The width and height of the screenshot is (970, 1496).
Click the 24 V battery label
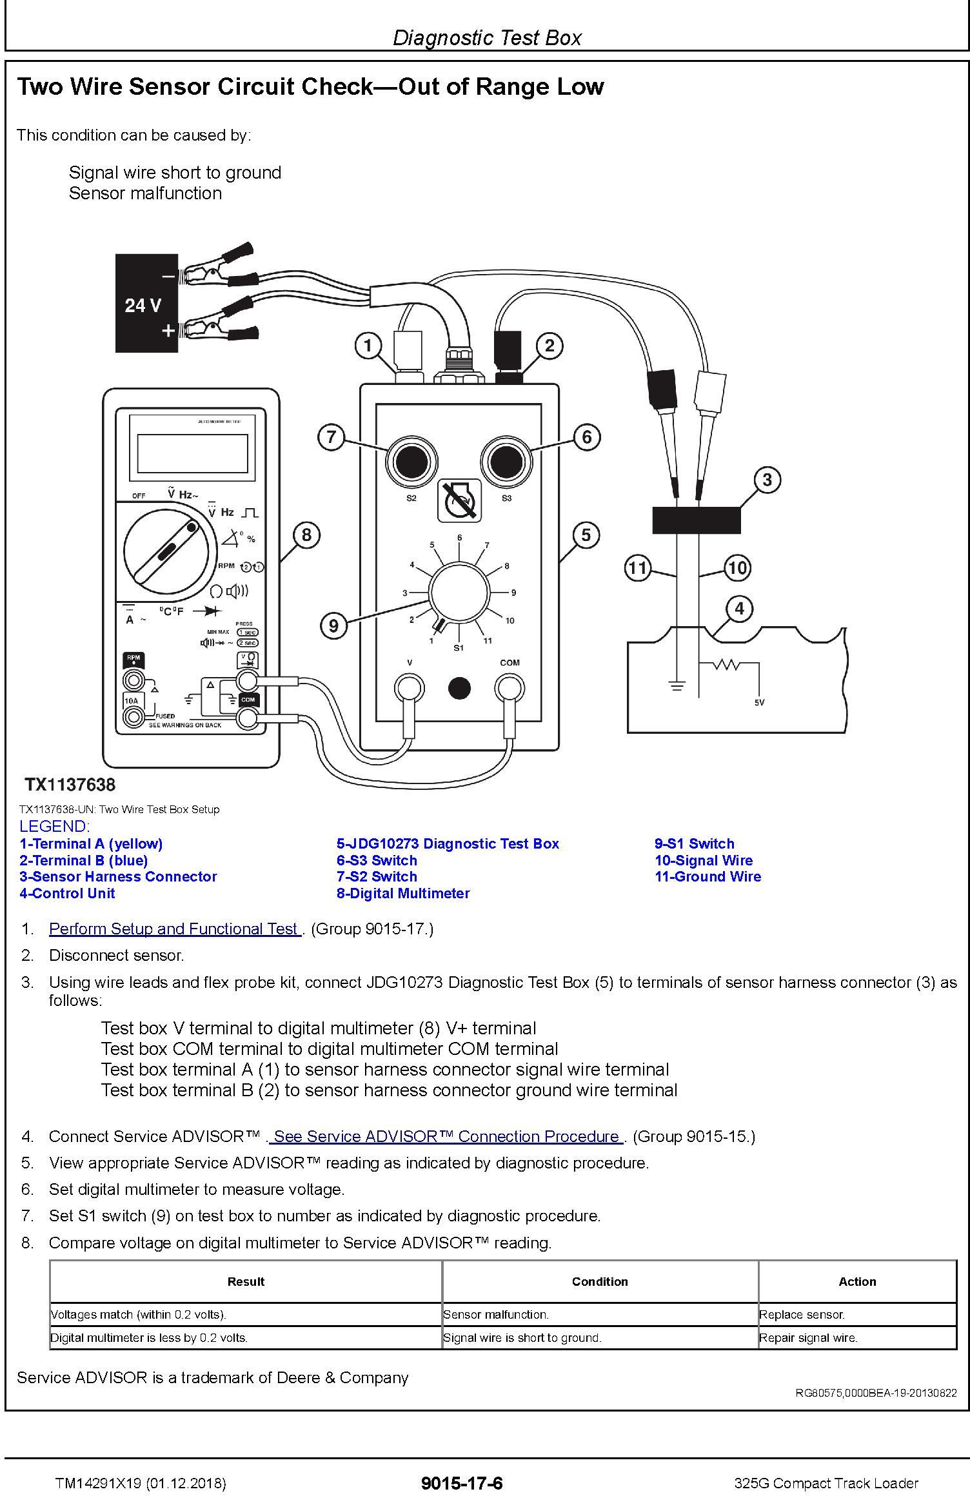point(143,305)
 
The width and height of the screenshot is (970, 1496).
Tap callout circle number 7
point(331,437)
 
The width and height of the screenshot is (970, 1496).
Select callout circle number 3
point(767,480)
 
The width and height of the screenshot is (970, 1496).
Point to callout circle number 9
point(333,625)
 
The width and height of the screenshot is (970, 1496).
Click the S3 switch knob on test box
point(506,461)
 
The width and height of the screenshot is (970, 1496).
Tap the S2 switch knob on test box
point(411,461)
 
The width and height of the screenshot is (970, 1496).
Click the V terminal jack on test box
point(410,688)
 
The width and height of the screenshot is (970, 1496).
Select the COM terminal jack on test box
point(509,688)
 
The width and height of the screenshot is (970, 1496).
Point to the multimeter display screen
point(192,453)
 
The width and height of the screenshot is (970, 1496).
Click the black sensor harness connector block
point(697,520)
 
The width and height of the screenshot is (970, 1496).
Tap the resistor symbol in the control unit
point(727,664)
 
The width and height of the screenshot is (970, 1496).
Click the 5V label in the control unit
point(759,702)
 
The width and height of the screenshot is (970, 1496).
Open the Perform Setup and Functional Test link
point(174,929)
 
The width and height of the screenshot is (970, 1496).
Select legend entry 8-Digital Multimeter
point(403,893)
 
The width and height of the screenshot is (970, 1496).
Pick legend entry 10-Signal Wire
point(704,860)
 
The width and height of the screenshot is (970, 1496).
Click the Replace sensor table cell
point(802,1314)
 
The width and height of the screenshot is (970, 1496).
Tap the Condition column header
point(600,1281)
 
